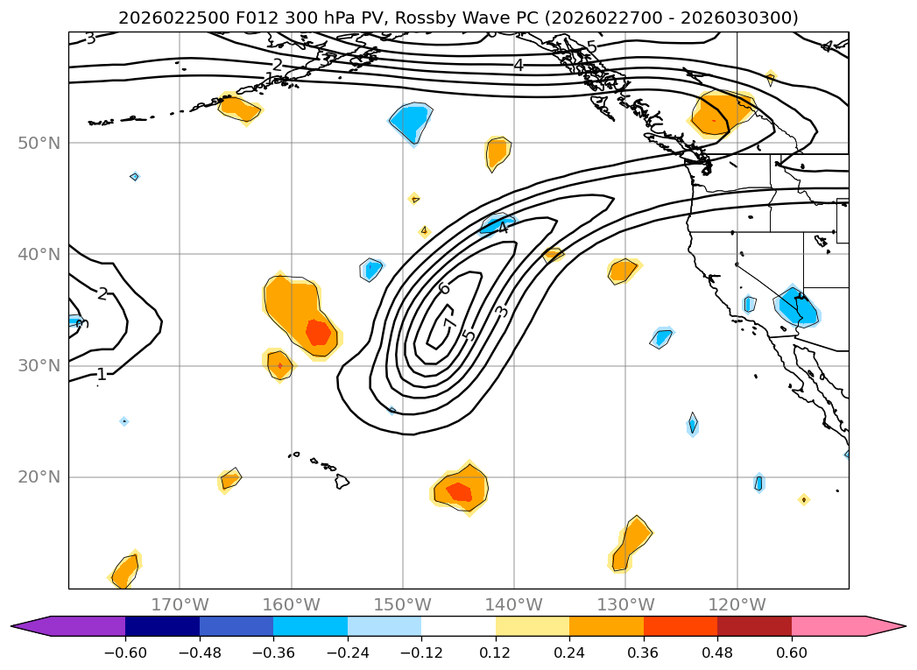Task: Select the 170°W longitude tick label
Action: [180, 604]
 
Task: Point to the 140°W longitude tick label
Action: [513, 604]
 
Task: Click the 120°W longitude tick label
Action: [737, 604]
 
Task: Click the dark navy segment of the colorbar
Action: [162, 626]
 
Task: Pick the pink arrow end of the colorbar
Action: [885, 626]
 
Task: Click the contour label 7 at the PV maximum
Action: [449, 324]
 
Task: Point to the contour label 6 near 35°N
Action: [444, 288]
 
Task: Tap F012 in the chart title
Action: [215, 18]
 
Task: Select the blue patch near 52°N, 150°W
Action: [410, 121]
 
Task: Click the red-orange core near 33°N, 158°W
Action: [318, 332]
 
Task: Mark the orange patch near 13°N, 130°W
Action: [631, 543]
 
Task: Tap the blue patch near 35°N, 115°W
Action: [797, 307]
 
